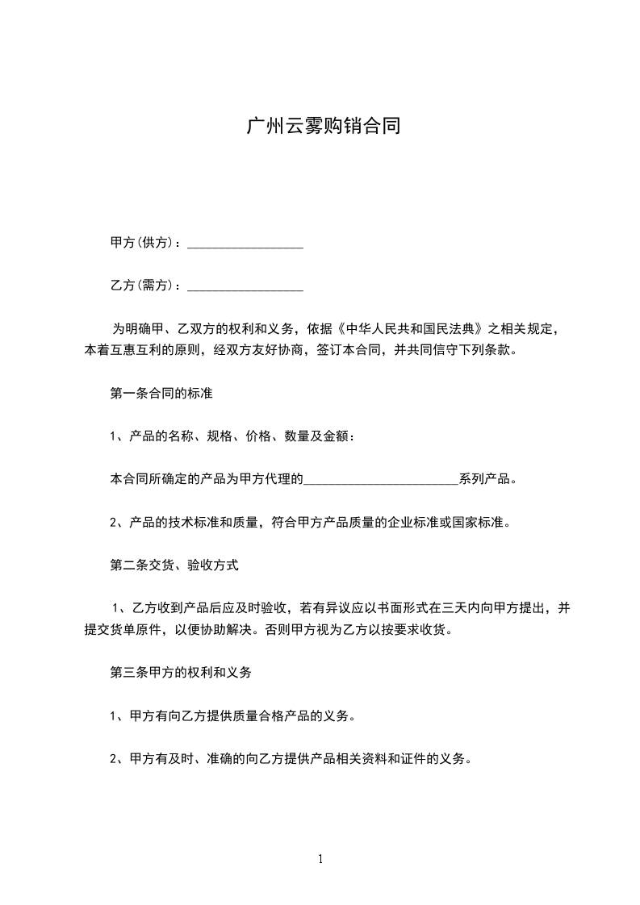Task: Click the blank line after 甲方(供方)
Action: pyautogui.click(x=245, y=245)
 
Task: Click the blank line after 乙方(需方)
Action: pyautogui.click(x=245, y=288)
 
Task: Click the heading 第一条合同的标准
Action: pyautogui.click(x=161, y=394)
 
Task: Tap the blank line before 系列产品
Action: pyautogui.click(x=381, y=482)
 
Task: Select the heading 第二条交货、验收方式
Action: pyautogui.click(x=174, y=565)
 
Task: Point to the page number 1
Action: pyautogui.click(x=320, y=859)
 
